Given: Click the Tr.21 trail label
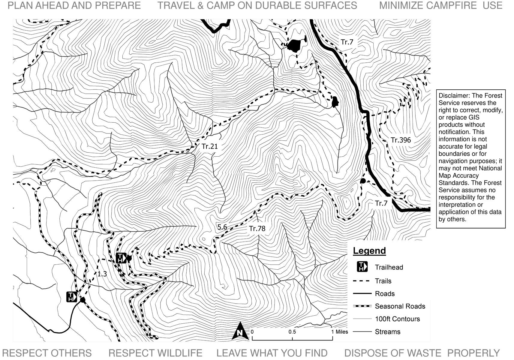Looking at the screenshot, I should [x=209, y=146].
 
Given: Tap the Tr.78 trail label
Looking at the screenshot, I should [x=257, y=229].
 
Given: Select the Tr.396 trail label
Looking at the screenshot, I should [x=401, y=140].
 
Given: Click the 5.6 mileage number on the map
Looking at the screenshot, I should [x=222, y=227].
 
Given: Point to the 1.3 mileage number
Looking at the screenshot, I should [x=102, y=274].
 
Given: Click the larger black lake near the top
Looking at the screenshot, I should [x=294, y=46].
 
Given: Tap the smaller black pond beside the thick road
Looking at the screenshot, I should [x=335, y=102].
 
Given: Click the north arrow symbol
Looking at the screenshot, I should [x=240, y=331].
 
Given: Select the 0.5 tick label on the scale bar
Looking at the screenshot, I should [x=292, y=332].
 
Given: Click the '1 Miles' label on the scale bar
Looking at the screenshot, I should [x=340, y=332].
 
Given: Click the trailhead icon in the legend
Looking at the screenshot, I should [x=362, y=267].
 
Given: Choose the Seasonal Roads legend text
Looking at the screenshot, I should [x=400, y=306].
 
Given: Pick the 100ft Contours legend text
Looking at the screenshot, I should [x=397, y=319].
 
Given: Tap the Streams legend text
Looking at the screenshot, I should [x=387, y=332].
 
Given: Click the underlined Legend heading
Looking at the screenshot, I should [x=369, y=251].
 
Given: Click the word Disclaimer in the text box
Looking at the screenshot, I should [x=453, y=96].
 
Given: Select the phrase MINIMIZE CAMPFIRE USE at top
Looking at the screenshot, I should [x=440, y=6].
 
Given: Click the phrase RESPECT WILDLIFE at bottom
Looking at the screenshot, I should [x=155, y=353].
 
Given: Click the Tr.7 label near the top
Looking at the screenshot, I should [x=347, y=42].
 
